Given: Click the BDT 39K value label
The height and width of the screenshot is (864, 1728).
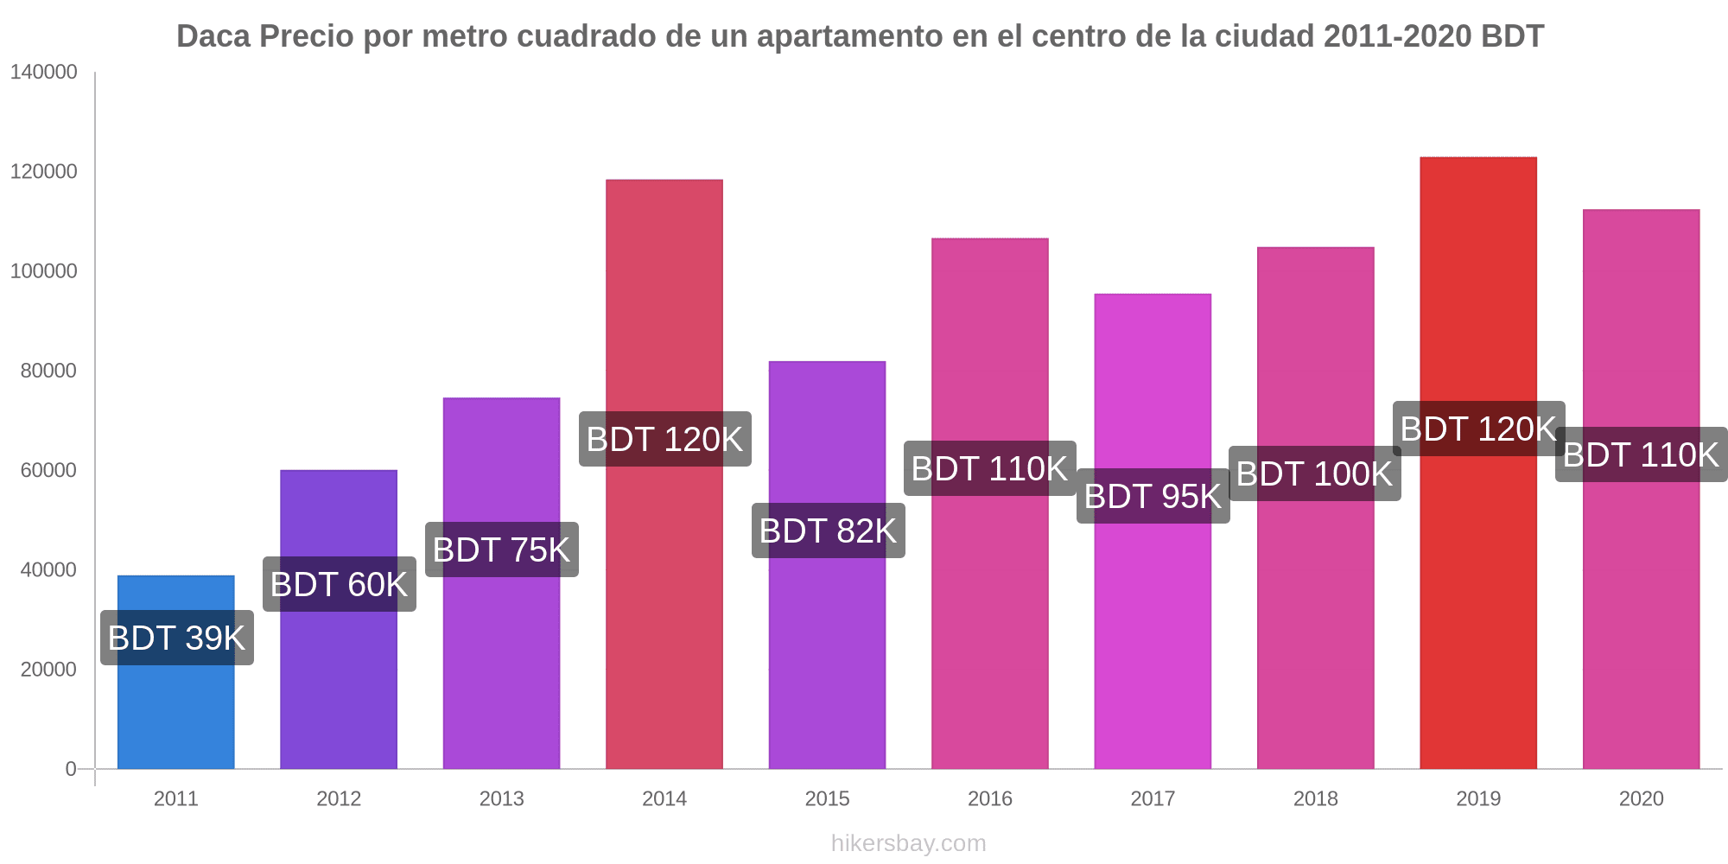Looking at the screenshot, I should coord(176,638).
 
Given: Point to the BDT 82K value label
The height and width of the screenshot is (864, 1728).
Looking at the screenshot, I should coord(828,530).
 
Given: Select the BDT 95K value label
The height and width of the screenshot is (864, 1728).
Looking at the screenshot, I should coord(1153,496).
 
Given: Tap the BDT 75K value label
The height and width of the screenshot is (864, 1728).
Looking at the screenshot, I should coord(501,550).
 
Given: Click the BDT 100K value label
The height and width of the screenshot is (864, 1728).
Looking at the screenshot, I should coord(1314,473).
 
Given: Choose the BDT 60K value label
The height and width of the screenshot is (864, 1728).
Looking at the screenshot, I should coord(339,584).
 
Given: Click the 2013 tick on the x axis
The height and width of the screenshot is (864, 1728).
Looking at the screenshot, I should coord(501,798).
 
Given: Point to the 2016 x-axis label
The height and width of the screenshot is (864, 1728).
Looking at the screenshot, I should coord(989,798).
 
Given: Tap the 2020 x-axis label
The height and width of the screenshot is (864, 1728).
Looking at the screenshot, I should coord(1641,798).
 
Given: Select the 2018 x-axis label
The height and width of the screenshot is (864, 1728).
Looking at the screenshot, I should coord(1315,798).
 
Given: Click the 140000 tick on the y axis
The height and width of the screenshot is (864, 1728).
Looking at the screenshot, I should coord(44,73).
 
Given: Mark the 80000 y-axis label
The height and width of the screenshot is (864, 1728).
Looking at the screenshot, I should coord(48,371).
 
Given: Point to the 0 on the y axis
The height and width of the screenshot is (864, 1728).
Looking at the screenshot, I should coord(71,769).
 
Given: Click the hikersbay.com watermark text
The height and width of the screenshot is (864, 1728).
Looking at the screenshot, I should coord(908,843).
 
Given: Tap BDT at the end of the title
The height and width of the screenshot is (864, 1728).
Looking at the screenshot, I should coord(1512,36).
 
